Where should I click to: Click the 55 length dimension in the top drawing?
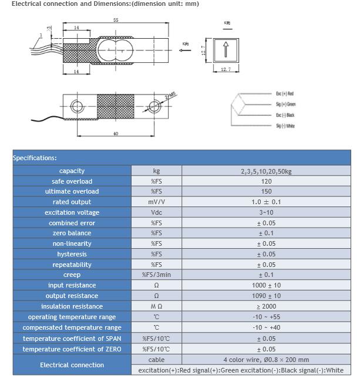[115, 20]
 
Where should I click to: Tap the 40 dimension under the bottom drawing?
[115, 134]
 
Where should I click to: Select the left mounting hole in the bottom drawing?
[77, 107]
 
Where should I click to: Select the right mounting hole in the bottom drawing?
[154, 107]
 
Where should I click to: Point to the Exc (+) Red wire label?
[285, 94]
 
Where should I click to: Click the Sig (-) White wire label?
[285, 126]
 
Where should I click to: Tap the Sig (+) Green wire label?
[286, 104]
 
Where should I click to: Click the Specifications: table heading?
[35, 158]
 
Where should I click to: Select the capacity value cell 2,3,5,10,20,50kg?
[266, 171]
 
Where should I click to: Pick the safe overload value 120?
[266, 181]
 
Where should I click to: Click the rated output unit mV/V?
[156, 202]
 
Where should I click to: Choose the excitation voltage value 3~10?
[266, 212]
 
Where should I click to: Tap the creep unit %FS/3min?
[156, 275]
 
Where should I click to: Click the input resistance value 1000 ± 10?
[266, 285]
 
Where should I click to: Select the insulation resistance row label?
[72, 306]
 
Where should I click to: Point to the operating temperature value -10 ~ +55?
[266, 317]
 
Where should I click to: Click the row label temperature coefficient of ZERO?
[72, 349]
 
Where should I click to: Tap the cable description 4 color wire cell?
[266, 360]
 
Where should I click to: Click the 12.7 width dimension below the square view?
[226, 69]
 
